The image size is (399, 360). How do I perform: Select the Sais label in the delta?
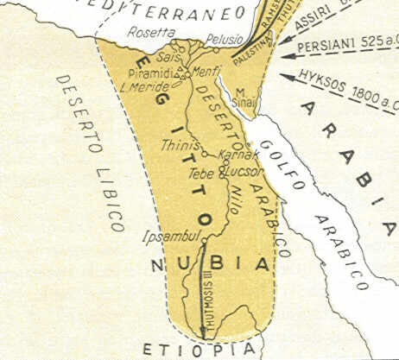(167, 56)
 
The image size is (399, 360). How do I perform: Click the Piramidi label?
(150, 72)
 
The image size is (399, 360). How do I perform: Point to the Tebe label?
(200, 173)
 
